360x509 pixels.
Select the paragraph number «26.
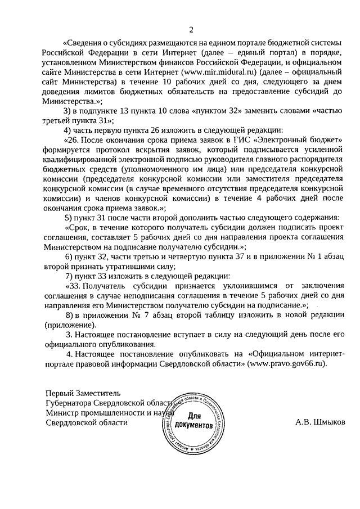pos(73,141)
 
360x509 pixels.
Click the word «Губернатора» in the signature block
pos(70,403)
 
